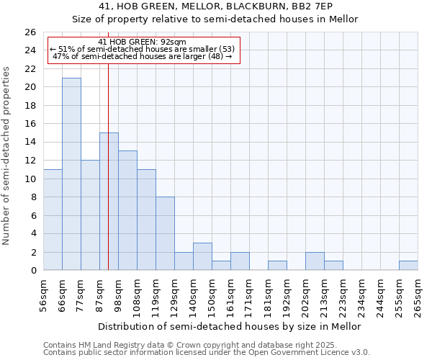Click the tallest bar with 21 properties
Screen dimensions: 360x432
click(x=71, y=174)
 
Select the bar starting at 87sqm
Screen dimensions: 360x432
click(x=109, y=202)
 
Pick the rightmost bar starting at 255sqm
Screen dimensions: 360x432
click(x=408, y=266)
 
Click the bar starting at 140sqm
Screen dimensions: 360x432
click(x=202, y=256)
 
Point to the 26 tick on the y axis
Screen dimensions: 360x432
click(x=30, y=32)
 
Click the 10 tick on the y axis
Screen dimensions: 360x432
click(x=30, y=179)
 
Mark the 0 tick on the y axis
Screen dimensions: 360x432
click(x=33, y=270)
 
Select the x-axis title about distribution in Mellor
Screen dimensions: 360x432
click(x=229, y=326)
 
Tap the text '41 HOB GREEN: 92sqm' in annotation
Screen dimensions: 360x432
click(x=142, y=42)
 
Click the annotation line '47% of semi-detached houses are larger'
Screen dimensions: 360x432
click(x=142, y=56)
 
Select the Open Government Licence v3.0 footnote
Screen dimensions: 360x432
click(x=207, y=353)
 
